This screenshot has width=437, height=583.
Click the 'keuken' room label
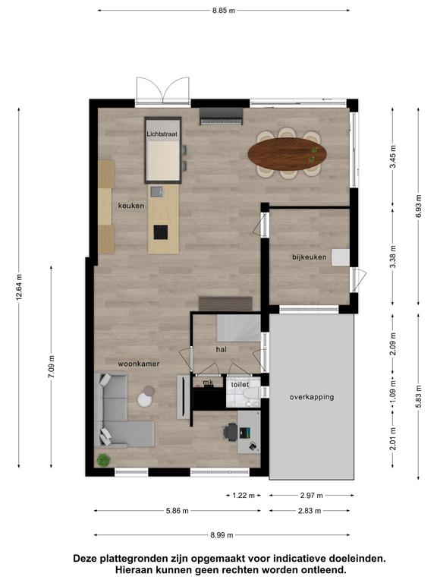click(131, 206)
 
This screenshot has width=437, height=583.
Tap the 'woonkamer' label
click(139, 364)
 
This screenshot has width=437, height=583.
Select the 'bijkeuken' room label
click(310, 257)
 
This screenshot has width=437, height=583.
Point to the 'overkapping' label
click(312, 397)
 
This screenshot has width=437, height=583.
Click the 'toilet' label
click(240, 384)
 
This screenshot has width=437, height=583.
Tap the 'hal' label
click(221, 349)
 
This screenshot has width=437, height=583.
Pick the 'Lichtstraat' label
click(162, 134)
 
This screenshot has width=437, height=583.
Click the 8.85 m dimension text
click(224, 11)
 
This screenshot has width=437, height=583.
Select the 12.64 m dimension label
click(19, 287)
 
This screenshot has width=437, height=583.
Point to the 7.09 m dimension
click(52, 367)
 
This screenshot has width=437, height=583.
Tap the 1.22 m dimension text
click(244, 495)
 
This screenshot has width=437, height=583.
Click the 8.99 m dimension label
click(222, 535)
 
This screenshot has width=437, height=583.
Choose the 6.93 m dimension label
click(419, 206)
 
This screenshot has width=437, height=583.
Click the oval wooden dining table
click(288, 153)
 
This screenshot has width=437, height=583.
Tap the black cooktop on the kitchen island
click(161, 232)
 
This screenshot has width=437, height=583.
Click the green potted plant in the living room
click(103, 460)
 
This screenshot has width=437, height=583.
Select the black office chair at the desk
click(231, 432)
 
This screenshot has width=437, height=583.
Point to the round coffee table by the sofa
click(144, 399)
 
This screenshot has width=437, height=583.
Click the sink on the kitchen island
click(157, 191)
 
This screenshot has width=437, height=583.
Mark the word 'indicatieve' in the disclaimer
click(297, 559)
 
